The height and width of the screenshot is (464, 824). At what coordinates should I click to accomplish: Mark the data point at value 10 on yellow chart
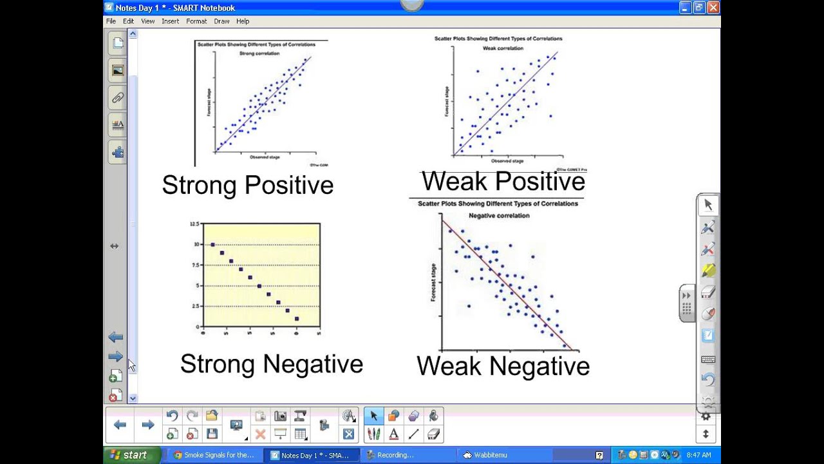point(212,245)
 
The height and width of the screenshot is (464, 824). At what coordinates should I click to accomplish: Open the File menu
point(111,21)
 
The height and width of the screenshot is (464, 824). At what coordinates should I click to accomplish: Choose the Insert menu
point(171,21)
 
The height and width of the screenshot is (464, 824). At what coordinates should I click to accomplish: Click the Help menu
point(243,21)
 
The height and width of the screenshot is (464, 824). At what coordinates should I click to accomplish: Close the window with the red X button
point(713,8)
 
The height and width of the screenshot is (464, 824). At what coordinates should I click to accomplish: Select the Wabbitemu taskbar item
point(489,455)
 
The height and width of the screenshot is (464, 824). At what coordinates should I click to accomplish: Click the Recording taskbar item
point(394,455)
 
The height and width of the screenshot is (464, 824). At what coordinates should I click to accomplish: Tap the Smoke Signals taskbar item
point(218,455)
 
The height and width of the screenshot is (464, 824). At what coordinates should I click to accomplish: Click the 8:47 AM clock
point(698,455)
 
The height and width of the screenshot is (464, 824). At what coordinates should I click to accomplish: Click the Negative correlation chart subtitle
point(499,216)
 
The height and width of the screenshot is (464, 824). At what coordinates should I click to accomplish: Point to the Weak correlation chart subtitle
point(503,48)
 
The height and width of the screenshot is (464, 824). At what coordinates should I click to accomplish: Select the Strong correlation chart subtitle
point(259,53)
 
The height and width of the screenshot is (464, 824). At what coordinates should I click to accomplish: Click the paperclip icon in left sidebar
point(118,98)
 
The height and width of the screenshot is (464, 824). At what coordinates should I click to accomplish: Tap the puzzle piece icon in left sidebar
point(118,153)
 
